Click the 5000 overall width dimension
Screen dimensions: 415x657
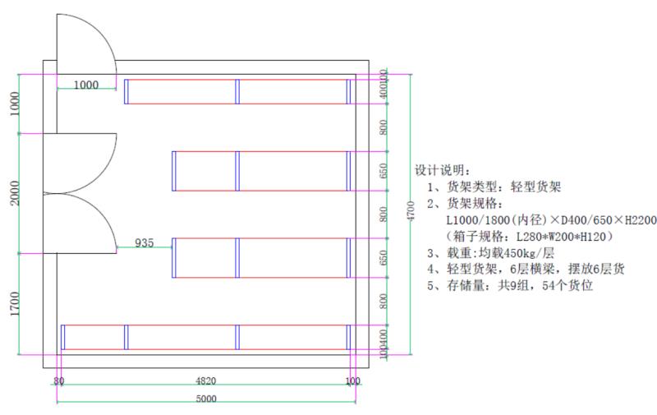click(206, 399)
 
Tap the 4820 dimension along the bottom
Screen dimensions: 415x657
click(206, 381)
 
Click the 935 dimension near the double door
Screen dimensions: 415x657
click(144, 243)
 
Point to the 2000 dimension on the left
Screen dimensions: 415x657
click(15, 192)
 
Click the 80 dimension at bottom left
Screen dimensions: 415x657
click(58, 381)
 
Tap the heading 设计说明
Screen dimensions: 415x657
click(443, 171)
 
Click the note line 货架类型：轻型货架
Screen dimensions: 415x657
click(494, 187)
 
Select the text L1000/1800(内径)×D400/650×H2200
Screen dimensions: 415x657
click(550, 219)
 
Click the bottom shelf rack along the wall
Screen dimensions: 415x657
click(206, 337)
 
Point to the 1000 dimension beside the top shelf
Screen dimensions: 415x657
click(85, 84)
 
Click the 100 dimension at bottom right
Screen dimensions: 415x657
click(353, 381)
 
